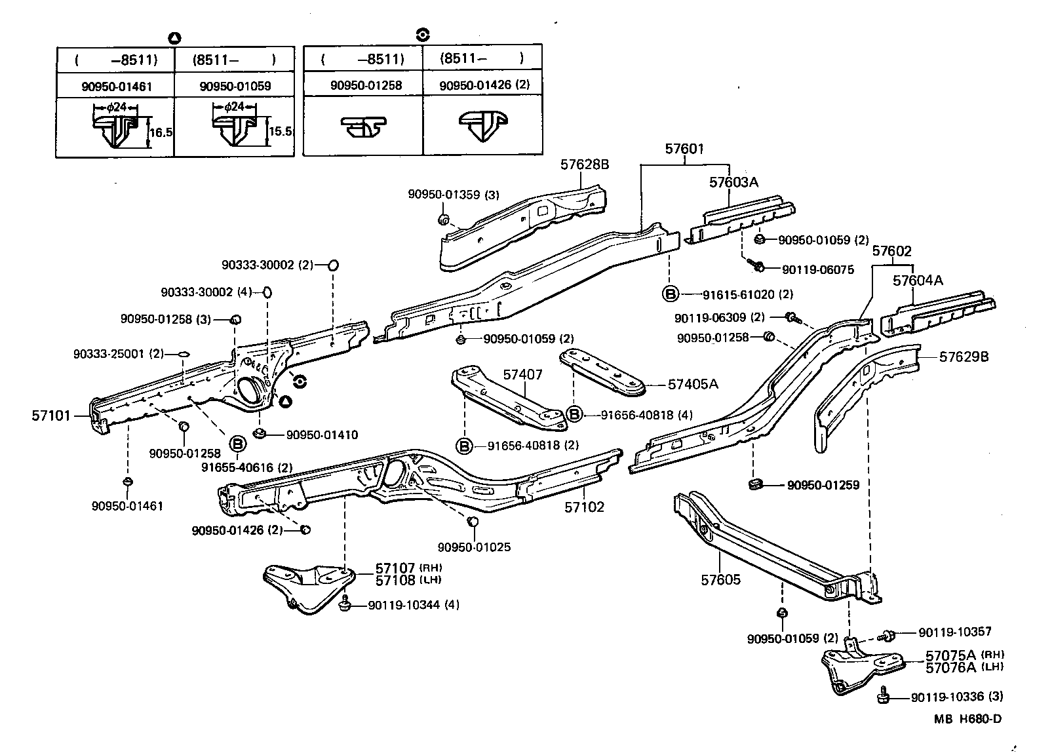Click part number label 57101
click(x=50, y=416)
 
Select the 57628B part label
click(x=585, y=165)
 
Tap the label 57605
click(x=720, y=580)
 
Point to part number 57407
click(x=522, y=374)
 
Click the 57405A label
click(x=693, y=384)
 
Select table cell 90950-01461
click(x=115, y=85)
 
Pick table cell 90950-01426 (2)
click(x=484, y=85)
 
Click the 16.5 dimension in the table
click(x=161, y=132)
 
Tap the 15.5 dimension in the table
click(x=280, y=131)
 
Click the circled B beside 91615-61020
click(x=670, y=294)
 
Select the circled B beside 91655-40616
click(x=238, y=445)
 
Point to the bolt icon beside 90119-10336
click(x=884, y=697)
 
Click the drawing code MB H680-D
click(x=967, y=719)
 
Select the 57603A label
click(x=733, y=182)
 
